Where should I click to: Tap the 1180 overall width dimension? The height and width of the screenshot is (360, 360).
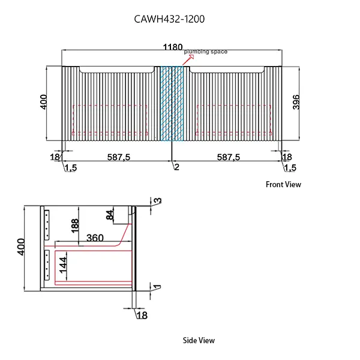point(172,45)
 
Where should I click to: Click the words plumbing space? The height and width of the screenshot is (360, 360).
point(206,52)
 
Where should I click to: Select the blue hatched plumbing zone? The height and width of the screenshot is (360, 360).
point(172,103)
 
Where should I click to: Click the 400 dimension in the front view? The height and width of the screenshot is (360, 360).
point(43,103)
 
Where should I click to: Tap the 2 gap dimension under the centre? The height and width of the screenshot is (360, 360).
point(176,167)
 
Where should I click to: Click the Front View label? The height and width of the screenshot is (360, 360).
point(283,185)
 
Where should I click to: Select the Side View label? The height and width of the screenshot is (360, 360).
point(199,340)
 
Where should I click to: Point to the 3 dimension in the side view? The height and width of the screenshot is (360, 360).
point(158,200)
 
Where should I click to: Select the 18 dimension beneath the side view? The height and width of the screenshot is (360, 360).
point(142,315)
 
